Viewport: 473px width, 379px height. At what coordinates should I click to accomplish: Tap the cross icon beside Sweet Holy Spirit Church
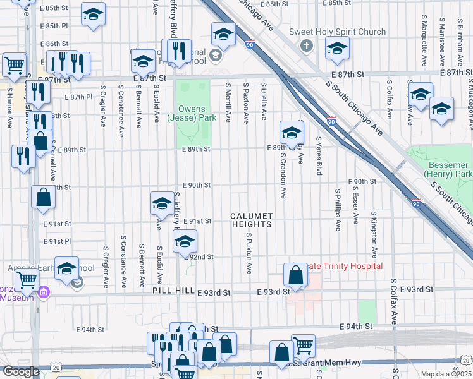pos(306,45)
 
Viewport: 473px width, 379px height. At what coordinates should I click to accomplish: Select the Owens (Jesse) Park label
pos(192,113)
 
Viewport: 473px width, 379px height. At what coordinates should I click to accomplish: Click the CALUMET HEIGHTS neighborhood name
pos(251,220)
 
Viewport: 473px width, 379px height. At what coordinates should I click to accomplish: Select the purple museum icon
pos(43,293)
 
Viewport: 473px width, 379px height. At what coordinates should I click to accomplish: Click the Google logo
pos(21,371)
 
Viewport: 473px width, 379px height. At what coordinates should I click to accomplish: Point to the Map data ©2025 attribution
pos(445,374)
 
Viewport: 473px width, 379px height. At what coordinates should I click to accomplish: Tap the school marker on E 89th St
pos(292,133)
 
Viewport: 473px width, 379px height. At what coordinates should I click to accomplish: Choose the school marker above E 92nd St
pos(184,242)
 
